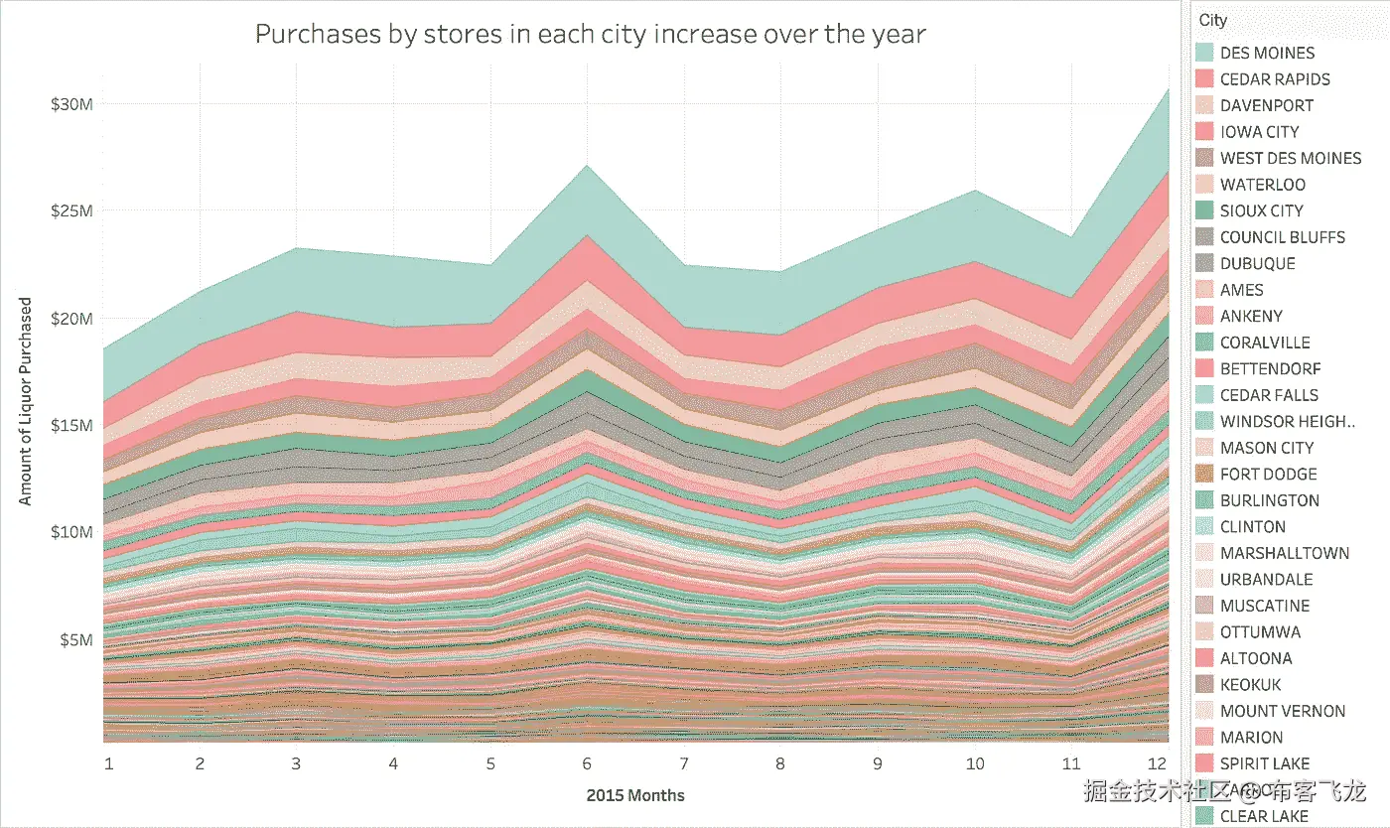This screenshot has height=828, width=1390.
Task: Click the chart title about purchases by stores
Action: (x=590, y=34)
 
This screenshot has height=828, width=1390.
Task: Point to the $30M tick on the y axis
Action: (x=71, y=104)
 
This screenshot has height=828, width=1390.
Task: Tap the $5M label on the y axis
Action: (x=76, y=639)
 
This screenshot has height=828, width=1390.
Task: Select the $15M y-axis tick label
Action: (x=71, y=425)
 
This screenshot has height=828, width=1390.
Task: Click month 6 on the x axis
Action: (x=587, y=763)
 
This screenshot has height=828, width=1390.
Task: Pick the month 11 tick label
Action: (x=1071, y=763)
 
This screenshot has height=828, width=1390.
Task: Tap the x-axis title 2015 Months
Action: (x=635, y=795)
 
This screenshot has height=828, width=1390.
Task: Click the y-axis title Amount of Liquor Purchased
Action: (x=25, y=401)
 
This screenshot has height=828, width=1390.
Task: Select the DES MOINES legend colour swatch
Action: (x=1204, y=53)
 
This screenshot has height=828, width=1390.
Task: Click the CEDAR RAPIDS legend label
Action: (x=1275, y=79)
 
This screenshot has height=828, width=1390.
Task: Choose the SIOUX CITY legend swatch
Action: (x=1204, y=210)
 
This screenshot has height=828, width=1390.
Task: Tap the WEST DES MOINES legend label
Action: (x=1291, y=158)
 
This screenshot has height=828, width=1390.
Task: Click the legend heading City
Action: (x=1212, y=21)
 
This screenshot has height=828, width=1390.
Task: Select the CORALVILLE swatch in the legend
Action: (x=1204, y=342)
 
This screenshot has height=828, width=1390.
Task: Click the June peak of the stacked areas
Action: (x=587, y=166)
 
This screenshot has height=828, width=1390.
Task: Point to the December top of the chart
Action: (x=1168, y=89)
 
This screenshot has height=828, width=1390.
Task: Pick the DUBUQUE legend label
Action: (x=1258, y=264)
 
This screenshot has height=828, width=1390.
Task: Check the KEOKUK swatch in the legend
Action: (x=1204, y=684)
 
